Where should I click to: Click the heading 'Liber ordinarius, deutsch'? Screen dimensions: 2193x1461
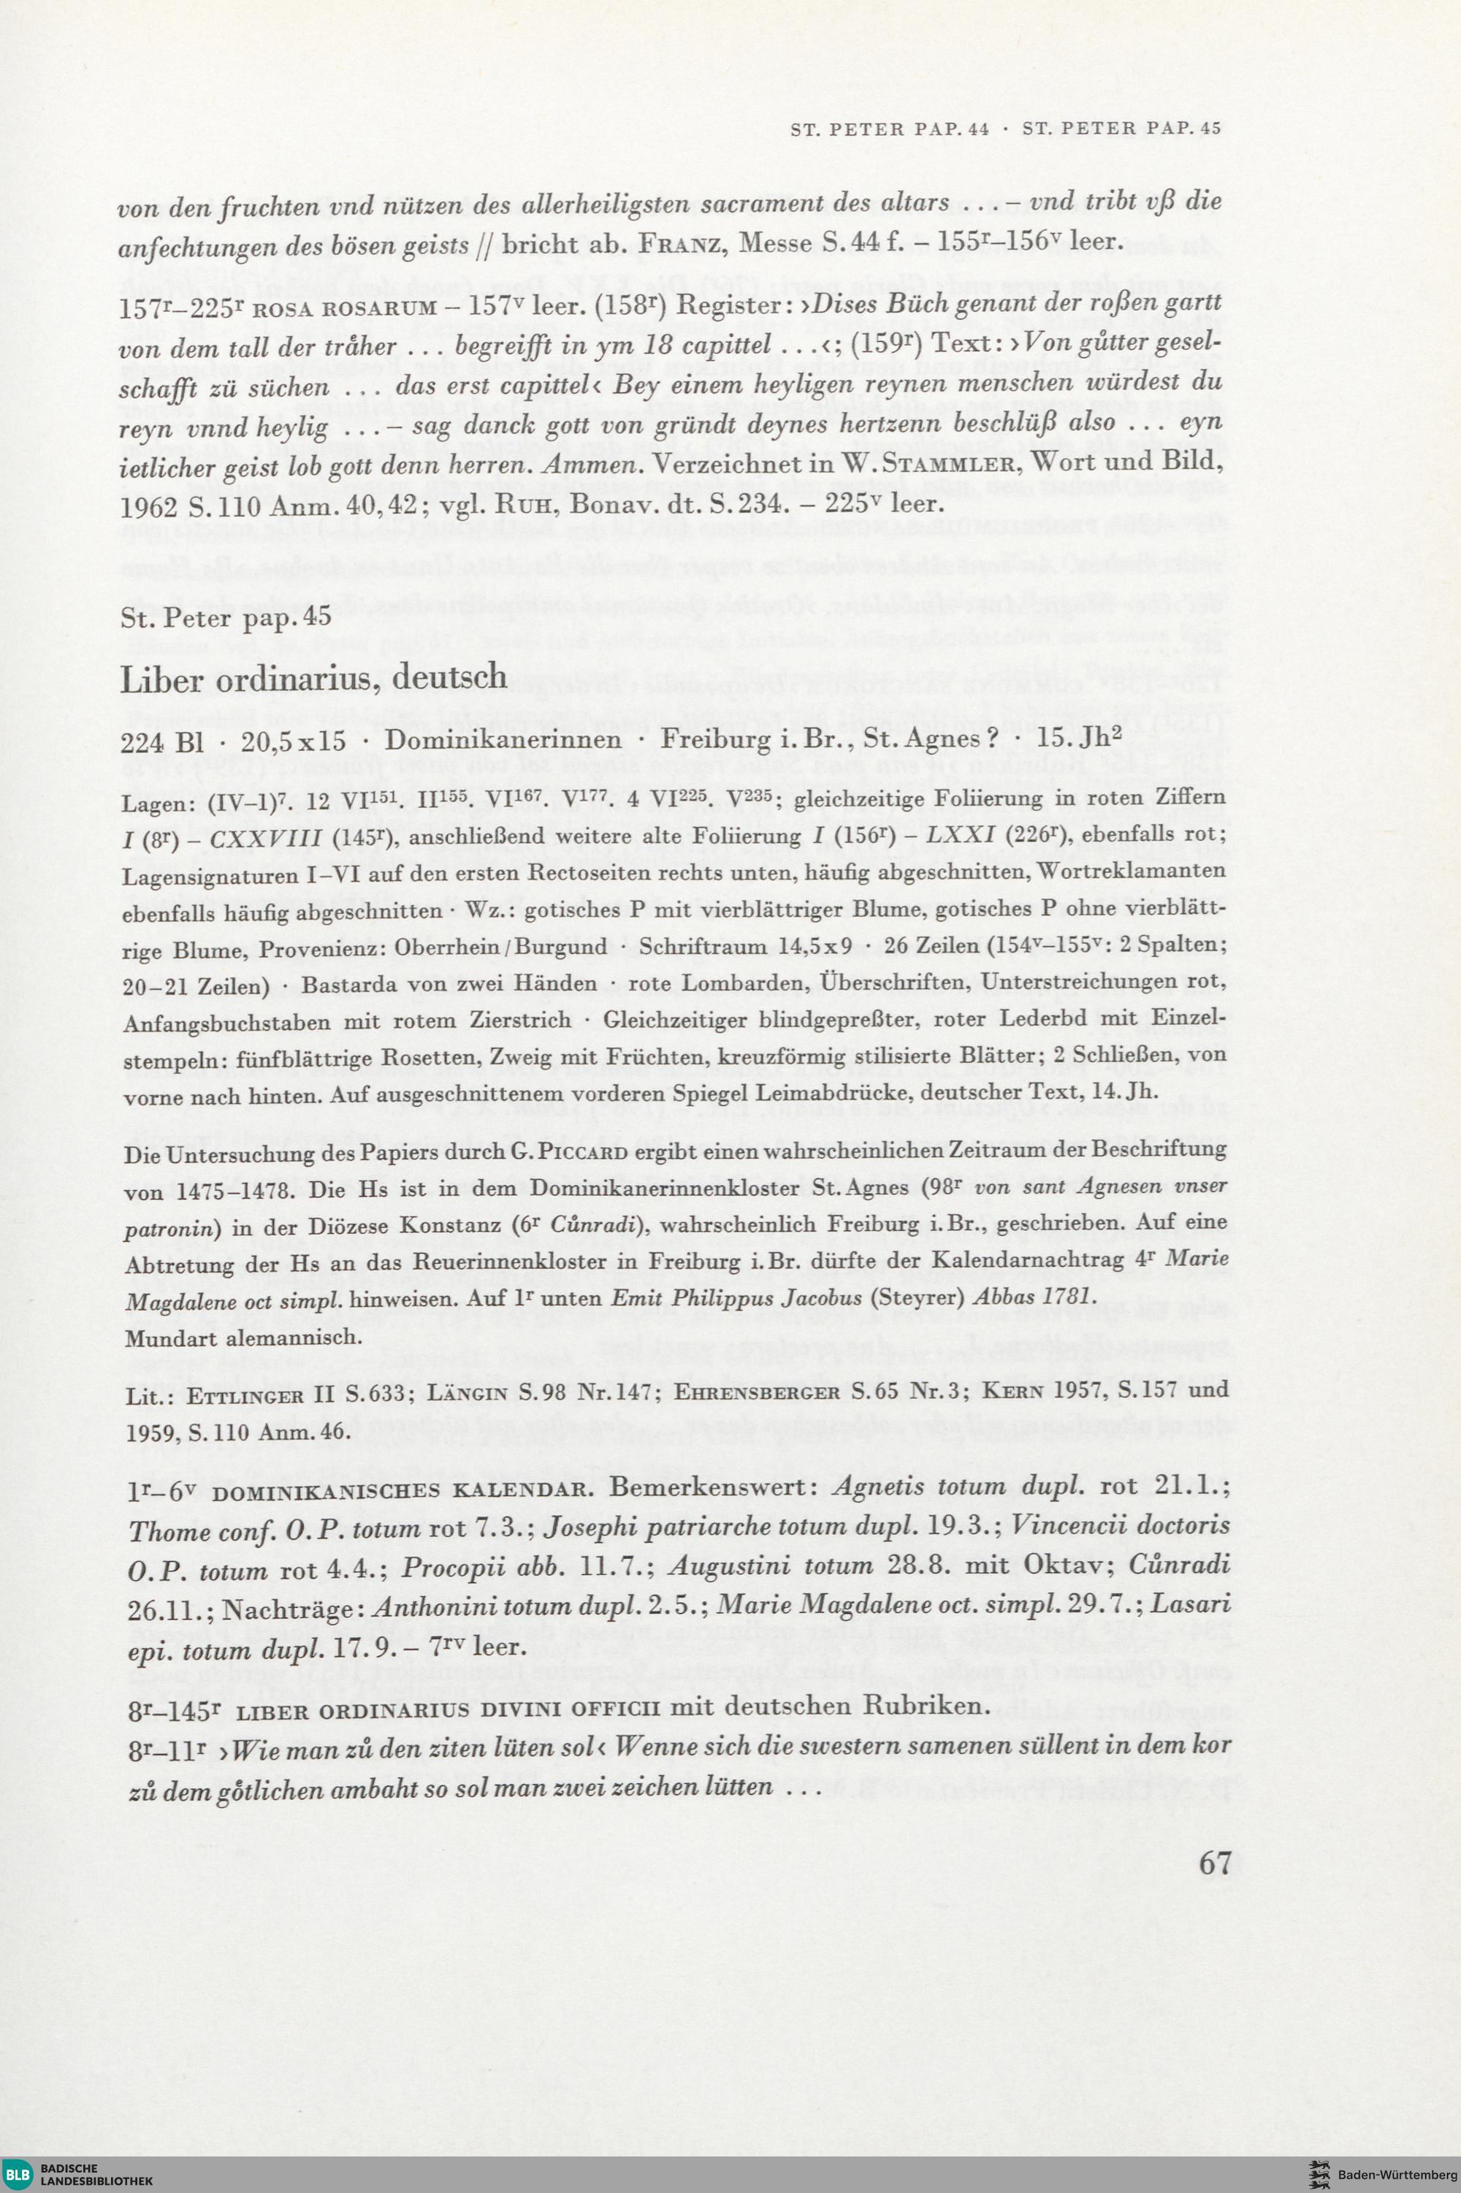click(313, 677)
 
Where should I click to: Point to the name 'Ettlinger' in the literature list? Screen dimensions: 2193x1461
click(244, 1395)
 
